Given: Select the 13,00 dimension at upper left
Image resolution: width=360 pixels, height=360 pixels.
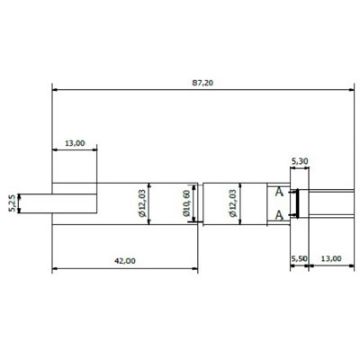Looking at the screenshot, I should tap(74, 143).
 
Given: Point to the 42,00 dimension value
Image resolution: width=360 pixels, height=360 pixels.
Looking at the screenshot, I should tap(125, 261).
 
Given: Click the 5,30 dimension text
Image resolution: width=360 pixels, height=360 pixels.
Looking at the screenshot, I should tap(299, 161).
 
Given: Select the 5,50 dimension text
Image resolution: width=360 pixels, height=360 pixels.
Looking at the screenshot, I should tap(298, 260).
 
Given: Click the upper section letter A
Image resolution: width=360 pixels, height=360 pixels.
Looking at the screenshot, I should tap(280, 191).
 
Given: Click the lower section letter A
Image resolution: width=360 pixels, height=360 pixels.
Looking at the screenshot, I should tap(280, 215).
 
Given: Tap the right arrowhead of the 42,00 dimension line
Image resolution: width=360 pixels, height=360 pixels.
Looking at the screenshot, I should tap(196, 268).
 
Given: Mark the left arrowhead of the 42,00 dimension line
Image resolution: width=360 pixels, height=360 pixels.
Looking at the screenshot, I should tap(54, 268).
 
